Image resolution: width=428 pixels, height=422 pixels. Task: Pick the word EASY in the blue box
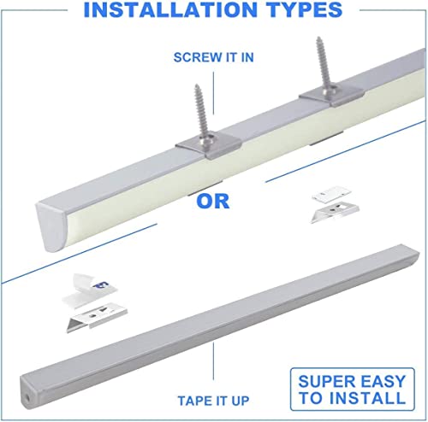pos(375,378)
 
